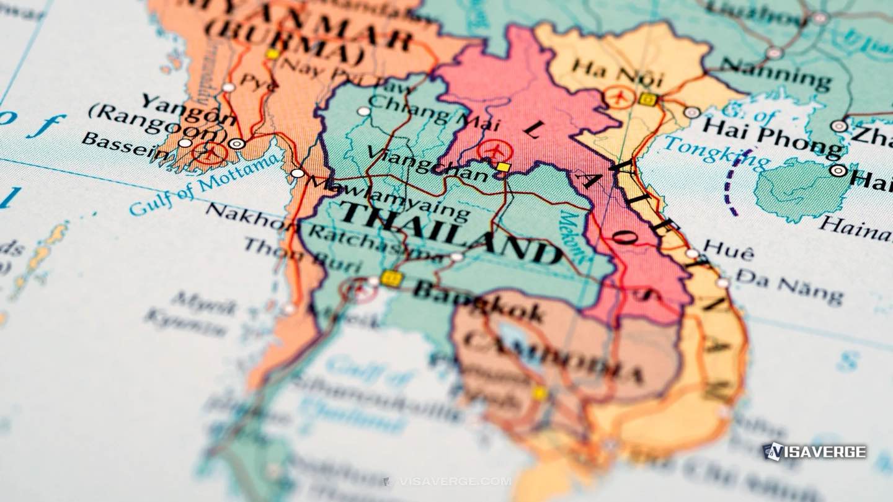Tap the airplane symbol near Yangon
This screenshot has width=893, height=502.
(x=210, y=152)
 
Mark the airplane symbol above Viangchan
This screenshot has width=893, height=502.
(x=495, y=151)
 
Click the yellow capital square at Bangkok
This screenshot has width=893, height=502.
(x=391, y=278)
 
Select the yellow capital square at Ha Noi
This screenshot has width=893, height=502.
(x=647, y=99)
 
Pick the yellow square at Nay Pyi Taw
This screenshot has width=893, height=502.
(x=272, y=54)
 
